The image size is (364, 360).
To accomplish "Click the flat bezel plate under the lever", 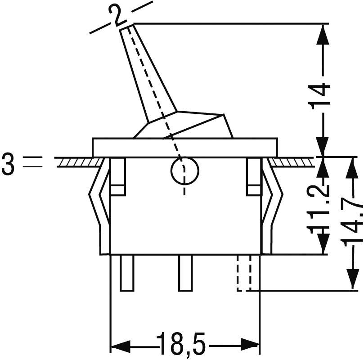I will pos(184,147).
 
